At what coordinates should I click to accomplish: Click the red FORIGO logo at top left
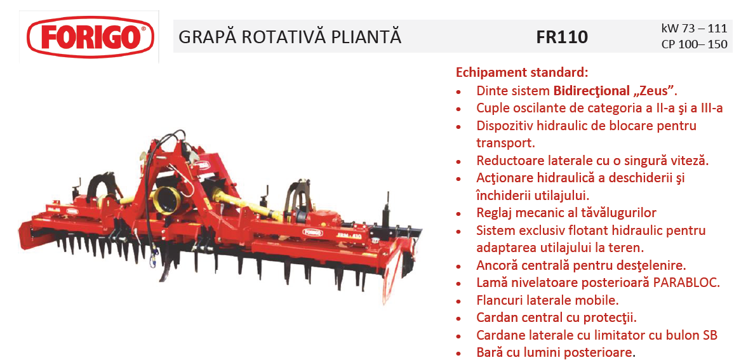click(x=90, y=37)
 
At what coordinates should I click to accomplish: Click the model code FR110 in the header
click(x=562, y=37)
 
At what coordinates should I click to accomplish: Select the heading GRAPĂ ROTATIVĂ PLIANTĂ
click(x=290, y=37)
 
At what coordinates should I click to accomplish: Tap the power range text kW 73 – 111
click(x=694, y=28)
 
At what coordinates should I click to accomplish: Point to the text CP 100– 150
click(x=695, y=44)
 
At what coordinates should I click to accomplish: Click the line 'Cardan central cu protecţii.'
click(x=557, y=317)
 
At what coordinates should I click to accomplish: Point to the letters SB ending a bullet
click(x=710, y=335)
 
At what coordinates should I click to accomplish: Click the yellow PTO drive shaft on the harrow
click(x=248, y=205)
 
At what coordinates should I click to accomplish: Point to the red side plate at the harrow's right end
click(x=392, y=272)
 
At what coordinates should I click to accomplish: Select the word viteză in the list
click(x=690, y=161)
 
